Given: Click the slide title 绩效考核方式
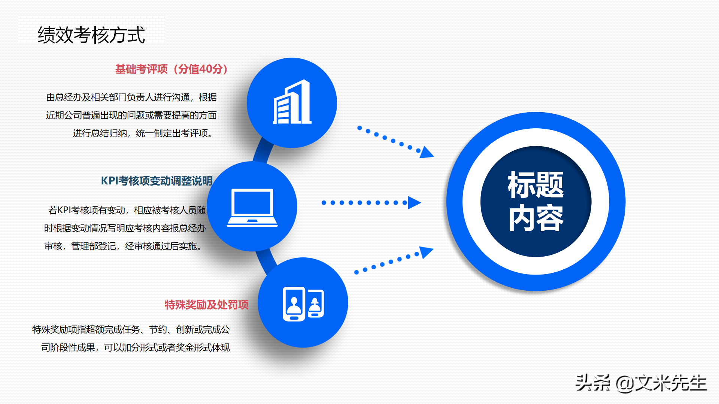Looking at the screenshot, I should click(91, 35).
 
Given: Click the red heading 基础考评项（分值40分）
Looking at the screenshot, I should click(171, 69).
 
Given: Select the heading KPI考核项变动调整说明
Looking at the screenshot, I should click(157, 181).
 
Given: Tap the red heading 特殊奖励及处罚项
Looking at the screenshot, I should click(206, 305).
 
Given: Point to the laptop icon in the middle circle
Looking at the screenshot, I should click(252, 208).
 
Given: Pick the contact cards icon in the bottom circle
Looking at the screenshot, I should click(303, 304).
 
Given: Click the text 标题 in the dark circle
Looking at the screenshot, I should click(536, 185).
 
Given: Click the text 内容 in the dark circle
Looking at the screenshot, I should click(536, 218).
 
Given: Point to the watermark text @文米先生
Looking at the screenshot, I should click(661, 383).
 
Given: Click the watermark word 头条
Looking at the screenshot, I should click(592, 383).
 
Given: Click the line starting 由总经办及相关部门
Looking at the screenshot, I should click(131, 97).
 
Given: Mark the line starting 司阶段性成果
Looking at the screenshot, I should click(135, 348).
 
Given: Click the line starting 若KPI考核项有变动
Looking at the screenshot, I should click(127, 210).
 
